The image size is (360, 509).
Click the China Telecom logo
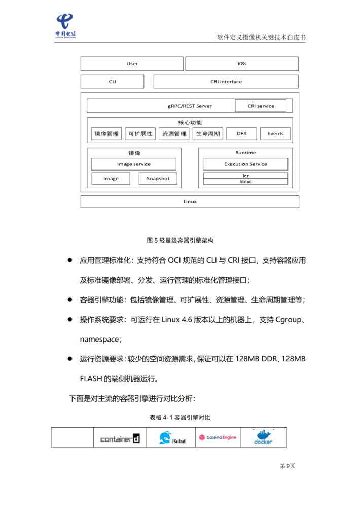tap(65, 25)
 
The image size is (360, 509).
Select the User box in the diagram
tap(132, 64)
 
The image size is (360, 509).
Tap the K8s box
tap(242, 64)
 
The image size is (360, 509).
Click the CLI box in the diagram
tap(112, 81)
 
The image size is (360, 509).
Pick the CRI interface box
tap(226, 81)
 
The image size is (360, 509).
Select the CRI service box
tap(261, 106)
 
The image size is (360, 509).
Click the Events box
tap(275, 134)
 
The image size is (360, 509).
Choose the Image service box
tap(133, 164)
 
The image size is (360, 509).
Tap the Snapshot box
tap(158, 179)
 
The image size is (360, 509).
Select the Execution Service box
tap(245, 164)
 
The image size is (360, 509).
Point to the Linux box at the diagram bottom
tap(190, 201)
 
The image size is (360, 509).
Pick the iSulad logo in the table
tap(172, 438)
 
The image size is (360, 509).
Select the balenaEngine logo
tap(218, 437)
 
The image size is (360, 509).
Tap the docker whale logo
tap(263, 437)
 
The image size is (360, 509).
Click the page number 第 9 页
tap(287, 466)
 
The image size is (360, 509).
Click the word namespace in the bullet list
tap(99, 338)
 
